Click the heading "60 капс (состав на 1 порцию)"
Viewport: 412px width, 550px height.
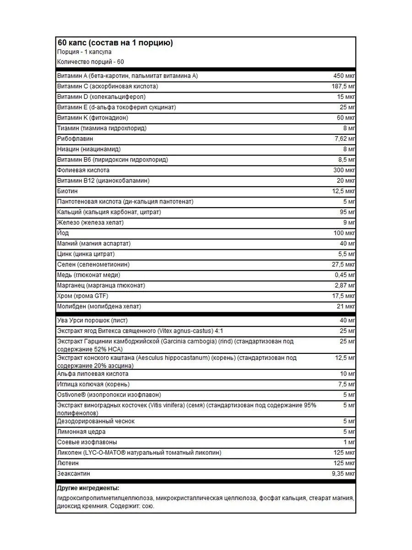pyautogui.click(x=114, y=43)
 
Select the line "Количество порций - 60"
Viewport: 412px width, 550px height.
pyautogui.click(x=90, y=62)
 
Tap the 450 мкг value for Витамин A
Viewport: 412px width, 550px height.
pyautogui.click(x=344, y=76)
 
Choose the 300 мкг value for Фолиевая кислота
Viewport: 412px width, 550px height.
pyautogui.click(x=344, y=170)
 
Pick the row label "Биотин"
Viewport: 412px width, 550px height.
pyautogui.click(x=68, y=191)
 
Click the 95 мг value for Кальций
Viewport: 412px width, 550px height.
pyautogui.click(x=347, y=212)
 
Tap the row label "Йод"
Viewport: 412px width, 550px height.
pyautogui.click(x=63, y=233)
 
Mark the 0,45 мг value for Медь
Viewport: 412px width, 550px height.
pyautogui.click(x=345, y=275)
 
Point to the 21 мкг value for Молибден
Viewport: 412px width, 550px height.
pyautogui.click(x=346, y=307)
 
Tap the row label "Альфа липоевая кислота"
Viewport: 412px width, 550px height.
pyautogui.click(x=92, y=374)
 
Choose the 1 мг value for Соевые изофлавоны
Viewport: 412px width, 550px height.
pyautogui.click(x=349, y=442)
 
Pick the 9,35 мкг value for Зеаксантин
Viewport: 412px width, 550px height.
pyautogui.click(x=343, y=474)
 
